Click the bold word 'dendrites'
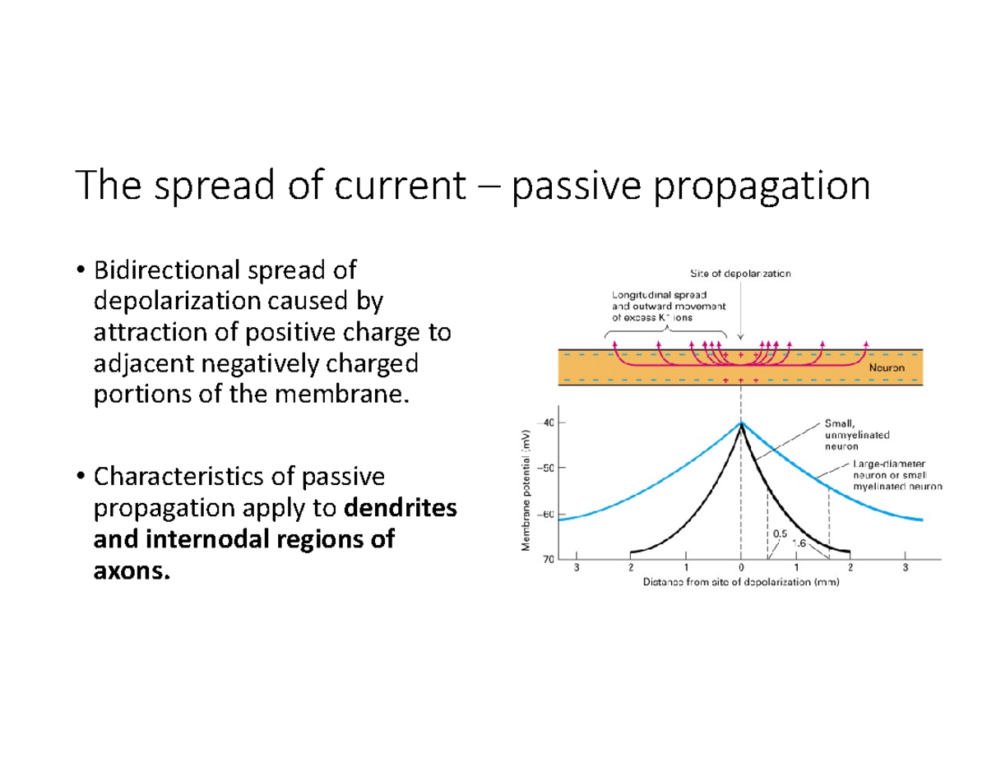401,509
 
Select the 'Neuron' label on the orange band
887,368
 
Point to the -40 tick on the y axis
546,422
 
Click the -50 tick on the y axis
546,468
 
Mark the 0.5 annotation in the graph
781,532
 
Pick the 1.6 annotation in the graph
798,542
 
